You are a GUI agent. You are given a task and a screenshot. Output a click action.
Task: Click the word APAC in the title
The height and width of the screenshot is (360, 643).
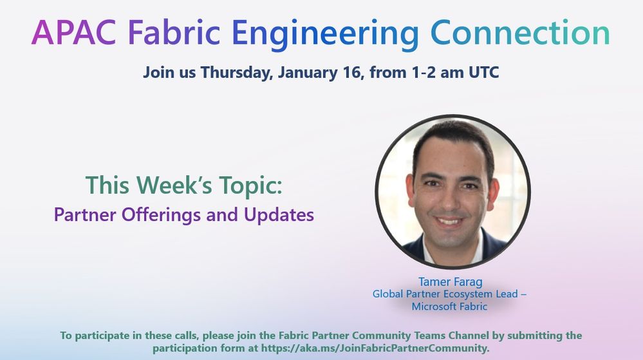77,33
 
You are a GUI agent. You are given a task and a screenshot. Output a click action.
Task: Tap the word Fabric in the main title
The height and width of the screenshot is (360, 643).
174,32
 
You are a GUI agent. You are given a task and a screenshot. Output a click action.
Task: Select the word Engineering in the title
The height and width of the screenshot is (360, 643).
326,35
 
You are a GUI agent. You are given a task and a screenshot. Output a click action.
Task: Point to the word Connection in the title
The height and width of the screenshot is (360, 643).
521,33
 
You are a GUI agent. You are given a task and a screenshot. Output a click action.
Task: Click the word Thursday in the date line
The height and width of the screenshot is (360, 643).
237,73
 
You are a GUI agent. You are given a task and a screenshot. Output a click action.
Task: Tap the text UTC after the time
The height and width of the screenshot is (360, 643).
484,72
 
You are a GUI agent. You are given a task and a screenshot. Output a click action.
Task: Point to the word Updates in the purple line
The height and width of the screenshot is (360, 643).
279,215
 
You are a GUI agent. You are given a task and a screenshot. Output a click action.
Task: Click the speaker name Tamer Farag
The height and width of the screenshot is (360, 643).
451,282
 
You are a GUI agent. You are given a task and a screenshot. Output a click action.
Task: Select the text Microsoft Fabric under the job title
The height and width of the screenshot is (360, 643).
449,307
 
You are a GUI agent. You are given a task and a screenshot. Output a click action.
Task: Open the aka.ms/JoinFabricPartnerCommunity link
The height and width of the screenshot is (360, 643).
375,348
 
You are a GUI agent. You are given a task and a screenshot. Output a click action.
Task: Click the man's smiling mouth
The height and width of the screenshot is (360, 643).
449,222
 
